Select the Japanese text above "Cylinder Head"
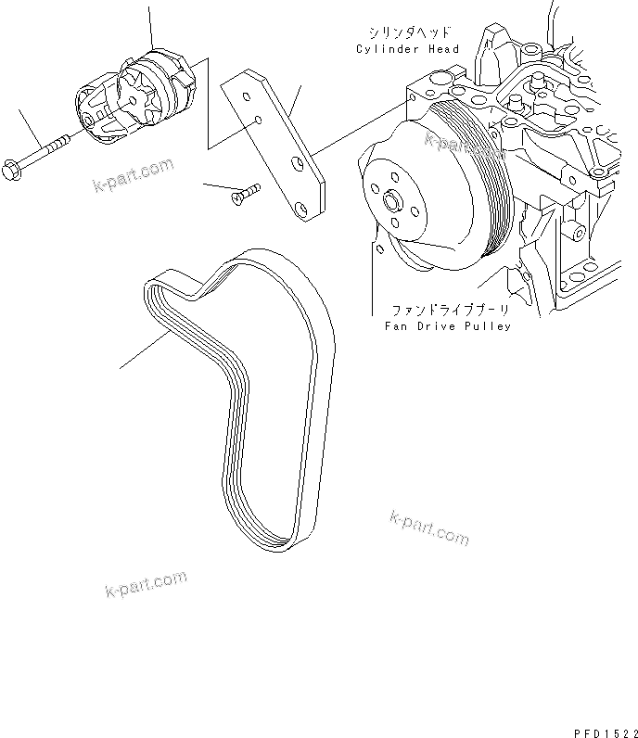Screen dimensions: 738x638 pos(401,32)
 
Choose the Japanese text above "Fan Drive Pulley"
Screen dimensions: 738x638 pos(440,311)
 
